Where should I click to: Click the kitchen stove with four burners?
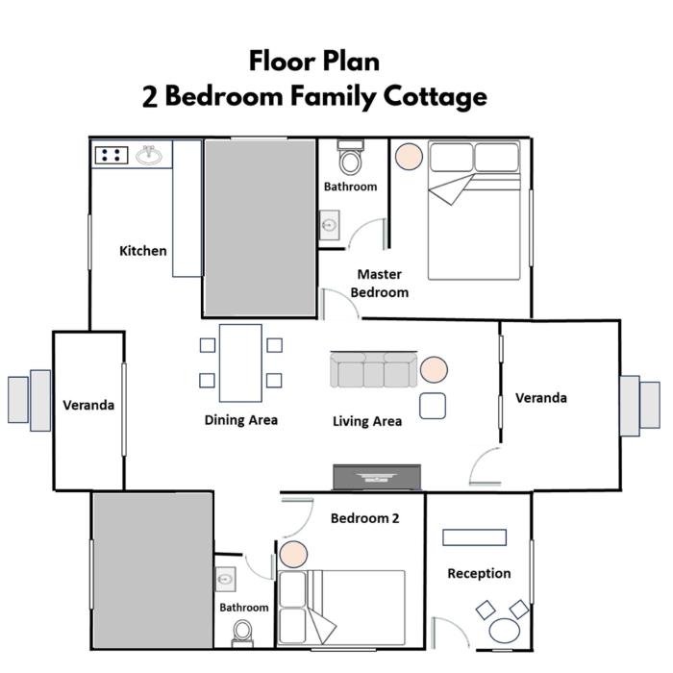click(112, 156)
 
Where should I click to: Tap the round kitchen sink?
click(149, 155)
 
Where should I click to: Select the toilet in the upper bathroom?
click(350, 157)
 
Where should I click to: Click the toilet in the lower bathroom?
click(243, 634)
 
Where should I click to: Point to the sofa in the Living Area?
click(373, 369)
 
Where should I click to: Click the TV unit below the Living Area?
click(377, 477)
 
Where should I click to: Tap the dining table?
click(240, 363)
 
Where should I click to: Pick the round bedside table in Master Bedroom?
click(409, 156)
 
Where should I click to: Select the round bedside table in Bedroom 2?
click(293, 554)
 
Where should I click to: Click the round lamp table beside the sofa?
click(434, 369)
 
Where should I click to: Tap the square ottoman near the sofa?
click(433, 406)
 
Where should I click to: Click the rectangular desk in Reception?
click(474, 537)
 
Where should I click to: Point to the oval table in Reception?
click(505, 631)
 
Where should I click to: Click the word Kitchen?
click(143, 251)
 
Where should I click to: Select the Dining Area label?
click(240, 420)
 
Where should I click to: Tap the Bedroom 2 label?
click(364, 518)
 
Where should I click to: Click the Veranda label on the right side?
click(540, 398)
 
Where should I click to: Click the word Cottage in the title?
click(436, 97)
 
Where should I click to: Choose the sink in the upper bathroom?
click(330, 225)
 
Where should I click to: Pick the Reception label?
click(479, 573)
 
